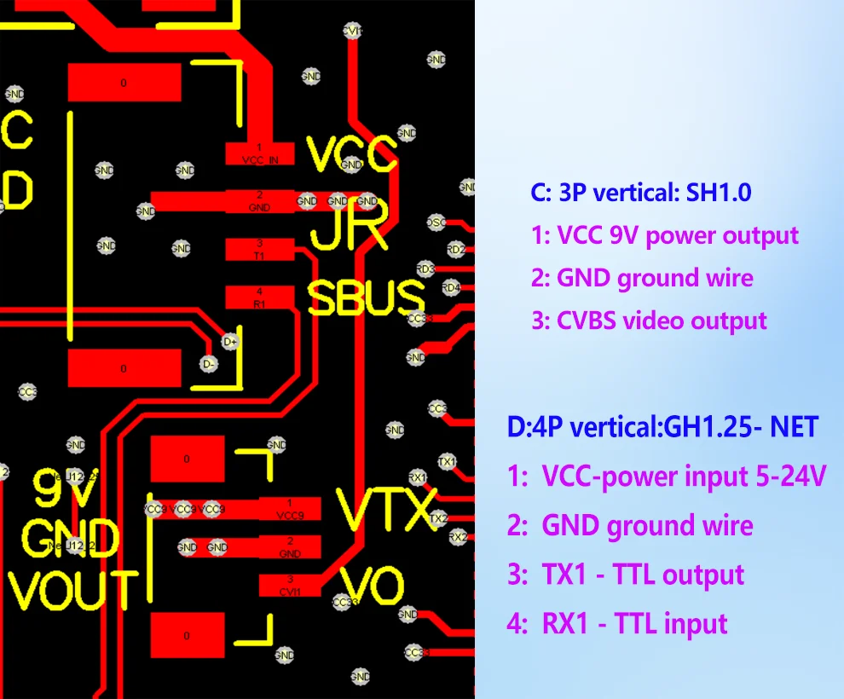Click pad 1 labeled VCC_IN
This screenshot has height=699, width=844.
point(260,154)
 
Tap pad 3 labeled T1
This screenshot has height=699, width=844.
point(260,249)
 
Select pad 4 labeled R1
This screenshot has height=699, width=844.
point(260,297)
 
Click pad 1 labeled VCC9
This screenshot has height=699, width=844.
point(290,509)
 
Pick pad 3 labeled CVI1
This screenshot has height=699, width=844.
point(290,585)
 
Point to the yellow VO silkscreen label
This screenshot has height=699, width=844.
point(373,586)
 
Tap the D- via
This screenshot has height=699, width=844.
point(210,362)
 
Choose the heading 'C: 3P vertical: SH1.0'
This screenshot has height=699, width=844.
point(640,193)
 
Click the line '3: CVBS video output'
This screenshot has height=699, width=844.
point(649,321)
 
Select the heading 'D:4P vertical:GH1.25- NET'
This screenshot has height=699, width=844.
point(662,426)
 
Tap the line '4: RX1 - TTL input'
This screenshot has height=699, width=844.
point(617,624)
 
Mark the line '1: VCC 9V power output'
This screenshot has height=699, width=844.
point(664,235)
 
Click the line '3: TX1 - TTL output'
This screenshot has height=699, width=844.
point(626,575)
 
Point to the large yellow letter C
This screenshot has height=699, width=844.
point(18,130)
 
